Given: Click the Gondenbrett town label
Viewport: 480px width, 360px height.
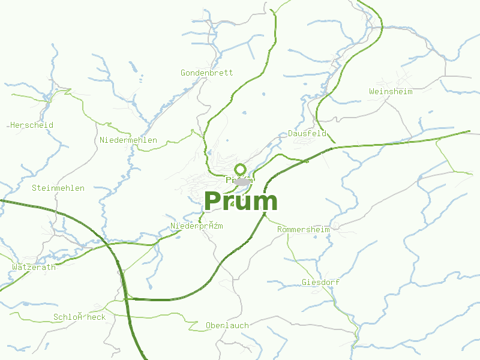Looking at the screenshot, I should (x=206, y=73).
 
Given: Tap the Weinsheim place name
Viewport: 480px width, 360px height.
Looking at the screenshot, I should (x=391, y=91).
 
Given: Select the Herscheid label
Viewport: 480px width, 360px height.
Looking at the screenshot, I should (x=32, y=125).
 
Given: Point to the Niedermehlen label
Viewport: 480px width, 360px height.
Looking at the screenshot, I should (x=128, y=140).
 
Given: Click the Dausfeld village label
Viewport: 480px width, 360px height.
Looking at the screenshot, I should (x=307, y=134).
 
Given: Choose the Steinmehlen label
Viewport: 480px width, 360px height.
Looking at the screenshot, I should (x=58, y=188).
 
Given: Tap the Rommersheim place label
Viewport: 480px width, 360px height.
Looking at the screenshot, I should (x=303, y=230).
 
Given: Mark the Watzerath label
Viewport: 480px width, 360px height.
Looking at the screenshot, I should (x=34, y=267).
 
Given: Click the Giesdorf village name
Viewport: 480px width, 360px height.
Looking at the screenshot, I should (x=321, y=282).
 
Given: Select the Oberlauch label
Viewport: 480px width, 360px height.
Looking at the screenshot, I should (x=227, y=325).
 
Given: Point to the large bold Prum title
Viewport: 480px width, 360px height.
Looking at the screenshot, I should (x=241, y=202).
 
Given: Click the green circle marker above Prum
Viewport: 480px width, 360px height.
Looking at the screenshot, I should (x=240, y=169).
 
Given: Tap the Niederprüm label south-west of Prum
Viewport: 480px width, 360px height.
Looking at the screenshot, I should (x=197, y=226).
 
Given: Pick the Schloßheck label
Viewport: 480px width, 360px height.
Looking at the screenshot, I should (x=79, y=317).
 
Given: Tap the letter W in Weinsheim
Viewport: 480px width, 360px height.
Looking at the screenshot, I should (x=372, y=91).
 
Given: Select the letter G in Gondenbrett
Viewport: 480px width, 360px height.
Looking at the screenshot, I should (x=183, y=73).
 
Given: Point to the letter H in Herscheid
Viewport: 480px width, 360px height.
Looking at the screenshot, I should (x=13, y=125).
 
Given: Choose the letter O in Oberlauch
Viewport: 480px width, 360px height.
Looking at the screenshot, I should (x=208, y=325).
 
